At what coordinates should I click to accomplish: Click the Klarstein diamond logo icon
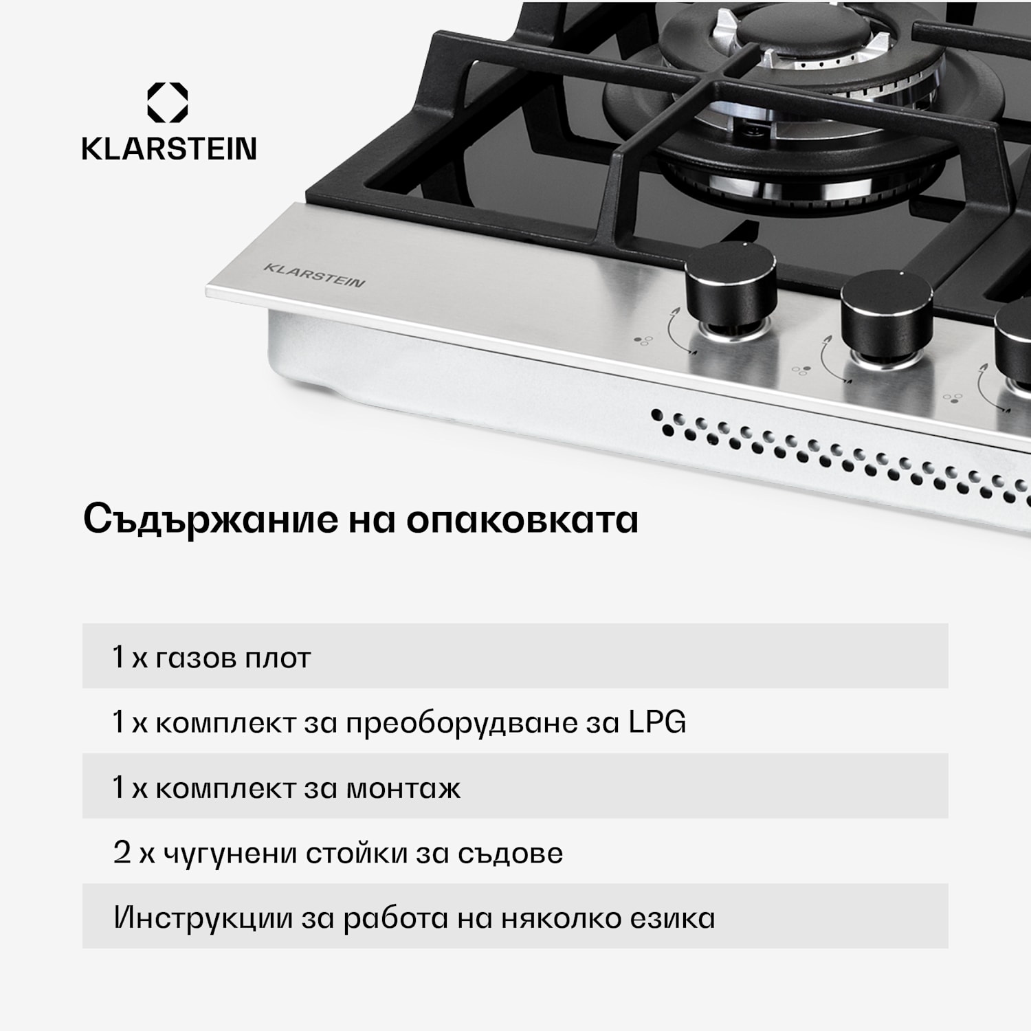click(168, 102)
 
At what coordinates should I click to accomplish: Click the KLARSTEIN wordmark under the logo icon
click(169, 149)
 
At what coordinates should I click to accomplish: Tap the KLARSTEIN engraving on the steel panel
click(314, 275)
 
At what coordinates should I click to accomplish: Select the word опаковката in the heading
click(522, 520)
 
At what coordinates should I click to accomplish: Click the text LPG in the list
click(657, 722)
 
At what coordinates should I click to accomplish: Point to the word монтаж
click(403, 788)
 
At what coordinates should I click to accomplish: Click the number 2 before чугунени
click(122, 853)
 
